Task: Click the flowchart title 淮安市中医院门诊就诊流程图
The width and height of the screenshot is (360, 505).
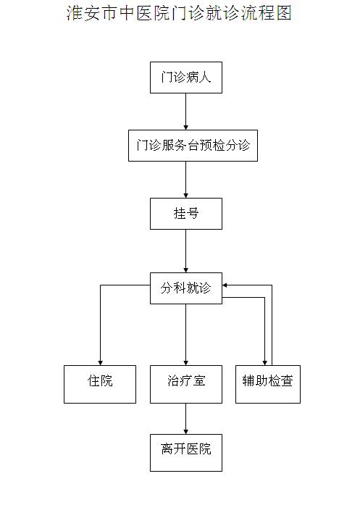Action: point(179,13)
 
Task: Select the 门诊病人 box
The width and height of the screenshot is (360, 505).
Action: point(186,78)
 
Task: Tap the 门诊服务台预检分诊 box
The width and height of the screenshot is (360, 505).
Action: point(193,146)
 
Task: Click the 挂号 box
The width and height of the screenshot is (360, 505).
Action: point(186,214)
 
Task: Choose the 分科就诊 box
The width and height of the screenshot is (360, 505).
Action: point(186,288)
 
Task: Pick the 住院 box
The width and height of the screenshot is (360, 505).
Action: point(100,384)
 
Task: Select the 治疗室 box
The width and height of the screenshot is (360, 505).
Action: point(186,384)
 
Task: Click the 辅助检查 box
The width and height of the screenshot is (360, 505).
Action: point(268,384)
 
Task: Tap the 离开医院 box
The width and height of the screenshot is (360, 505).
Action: point(186,453)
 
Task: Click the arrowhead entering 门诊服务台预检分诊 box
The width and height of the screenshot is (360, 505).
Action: point(186,128)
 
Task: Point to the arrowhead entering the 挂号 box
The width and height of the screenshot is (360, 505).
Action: point(186,196)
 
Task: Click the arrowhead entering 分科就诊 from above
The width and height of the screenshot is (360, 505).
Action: point(186,270)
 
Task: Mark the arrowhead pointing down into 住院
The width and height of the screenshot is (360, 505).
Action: point(101,363)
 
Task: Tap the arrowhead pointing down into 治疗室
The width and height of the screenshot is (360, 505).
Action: point(186,363)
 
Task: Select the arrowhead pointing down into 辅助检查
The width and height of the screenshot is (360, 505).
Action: point(264,363)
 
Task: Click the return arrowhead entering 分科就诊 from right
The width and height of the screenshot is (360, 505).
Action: point(225,285)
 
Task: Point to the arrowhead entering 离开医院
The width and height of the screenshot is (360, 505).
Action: point(186,432)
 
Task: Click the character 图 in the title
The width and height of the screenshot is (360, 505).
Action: point(284,13)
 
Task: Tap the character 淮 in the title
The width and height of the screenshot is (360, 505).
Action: point(75,13)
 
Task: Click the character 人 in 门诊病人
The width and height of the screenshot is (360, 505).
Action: point(205,78)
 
